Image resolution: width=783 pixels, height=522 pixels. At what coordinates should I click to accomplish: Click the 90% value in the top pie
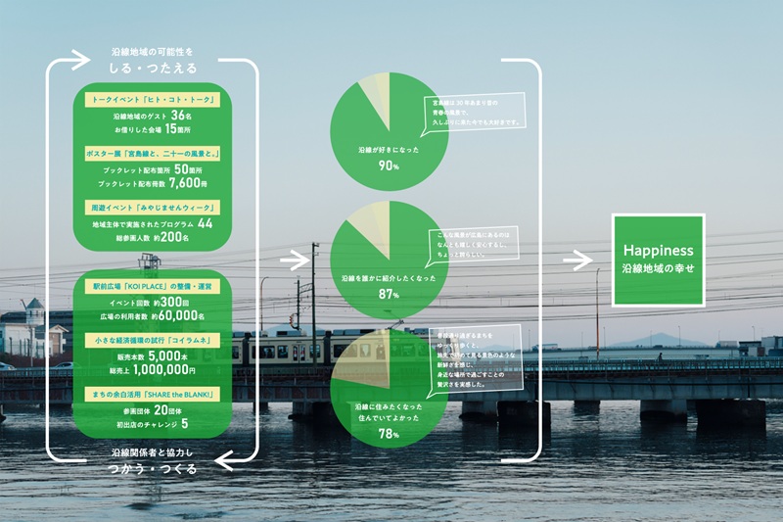point(388,166)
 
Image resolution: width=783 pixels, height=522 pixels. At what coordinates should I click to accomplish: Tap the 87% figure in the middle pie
point(388,294)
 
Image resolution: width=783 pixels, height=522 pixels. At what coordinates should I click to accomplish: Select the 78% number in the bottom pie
point(388,433)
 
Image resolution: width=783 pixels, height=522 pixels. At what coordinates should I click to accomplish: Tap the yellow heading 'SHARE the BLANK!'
point(152,394)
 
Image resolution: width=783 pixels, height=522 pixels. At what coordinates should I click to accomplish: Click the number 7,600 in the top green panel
point(186,182)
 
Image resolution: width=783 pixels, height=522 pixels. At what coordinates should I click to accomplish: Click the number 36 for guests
point(194,116)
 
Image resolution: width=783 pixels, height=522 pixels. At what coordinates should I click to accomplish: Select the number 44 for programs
point(205,223)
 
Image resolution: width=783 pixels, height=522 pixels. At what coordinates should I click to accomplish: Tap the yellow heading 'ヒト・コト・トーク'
point(152,100)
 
